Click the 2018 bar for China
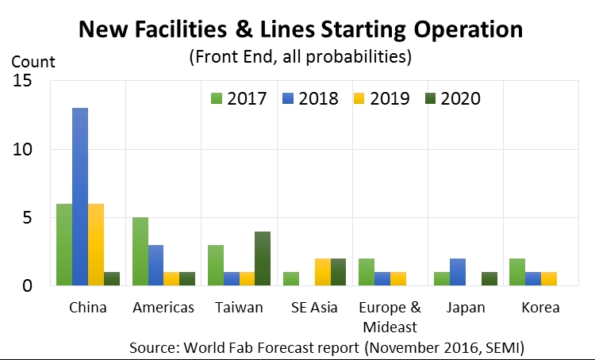80,197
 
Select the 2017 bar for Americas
140,251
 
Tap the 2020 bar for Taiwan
263,259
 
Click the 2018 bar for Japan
457,272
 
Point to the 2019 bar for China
95,245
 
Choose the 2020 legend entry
451,99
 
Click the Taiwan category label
240,308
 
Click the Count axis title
33,61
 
